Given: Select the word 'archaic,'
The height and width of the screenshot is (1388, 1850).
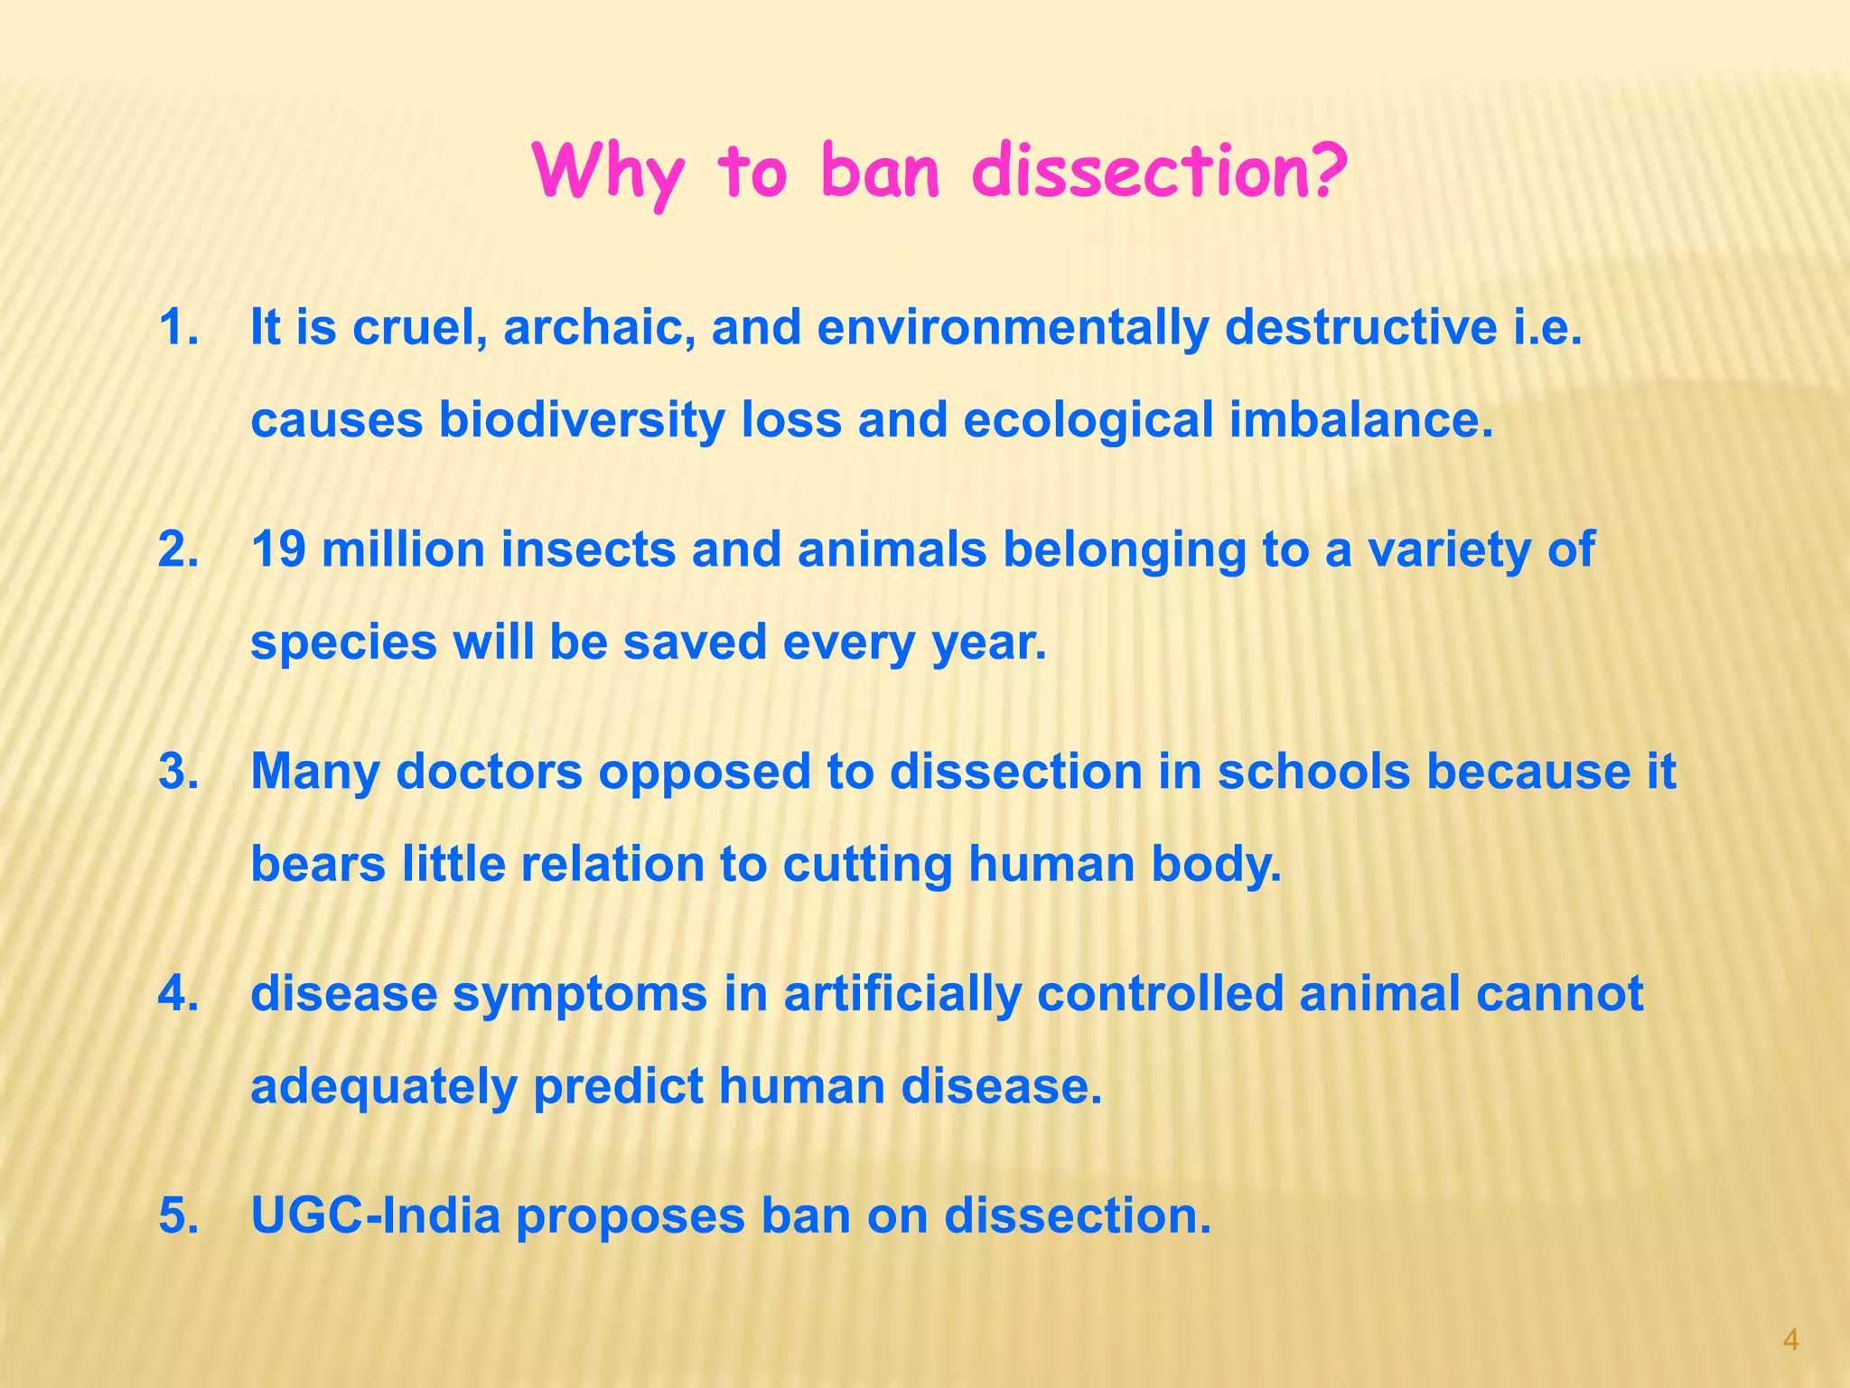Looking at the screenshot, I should pos(599,327).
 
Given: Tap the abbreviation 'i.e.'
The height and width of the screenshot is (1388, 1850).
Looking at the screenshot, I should pos(1546,327).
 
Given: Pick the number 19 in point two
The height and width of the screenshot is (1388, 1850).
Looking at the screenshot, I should pos(277,549).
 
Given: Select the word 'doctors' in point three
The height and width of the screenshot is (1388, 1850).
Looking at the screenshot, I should pos(489,772).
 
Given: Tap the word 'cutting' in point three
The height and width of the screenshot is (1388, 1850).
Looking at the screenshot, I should pos(867,864).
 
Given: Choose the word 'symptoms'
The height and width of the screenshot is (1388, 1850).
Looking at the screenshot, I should pos(579,994).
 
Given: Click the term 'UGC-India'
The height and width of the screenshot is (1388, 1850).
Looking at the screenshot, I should pos(375,1215).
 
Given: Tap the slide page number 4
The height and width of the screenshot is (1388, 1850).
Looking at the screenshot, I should pos(1791,1340).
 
